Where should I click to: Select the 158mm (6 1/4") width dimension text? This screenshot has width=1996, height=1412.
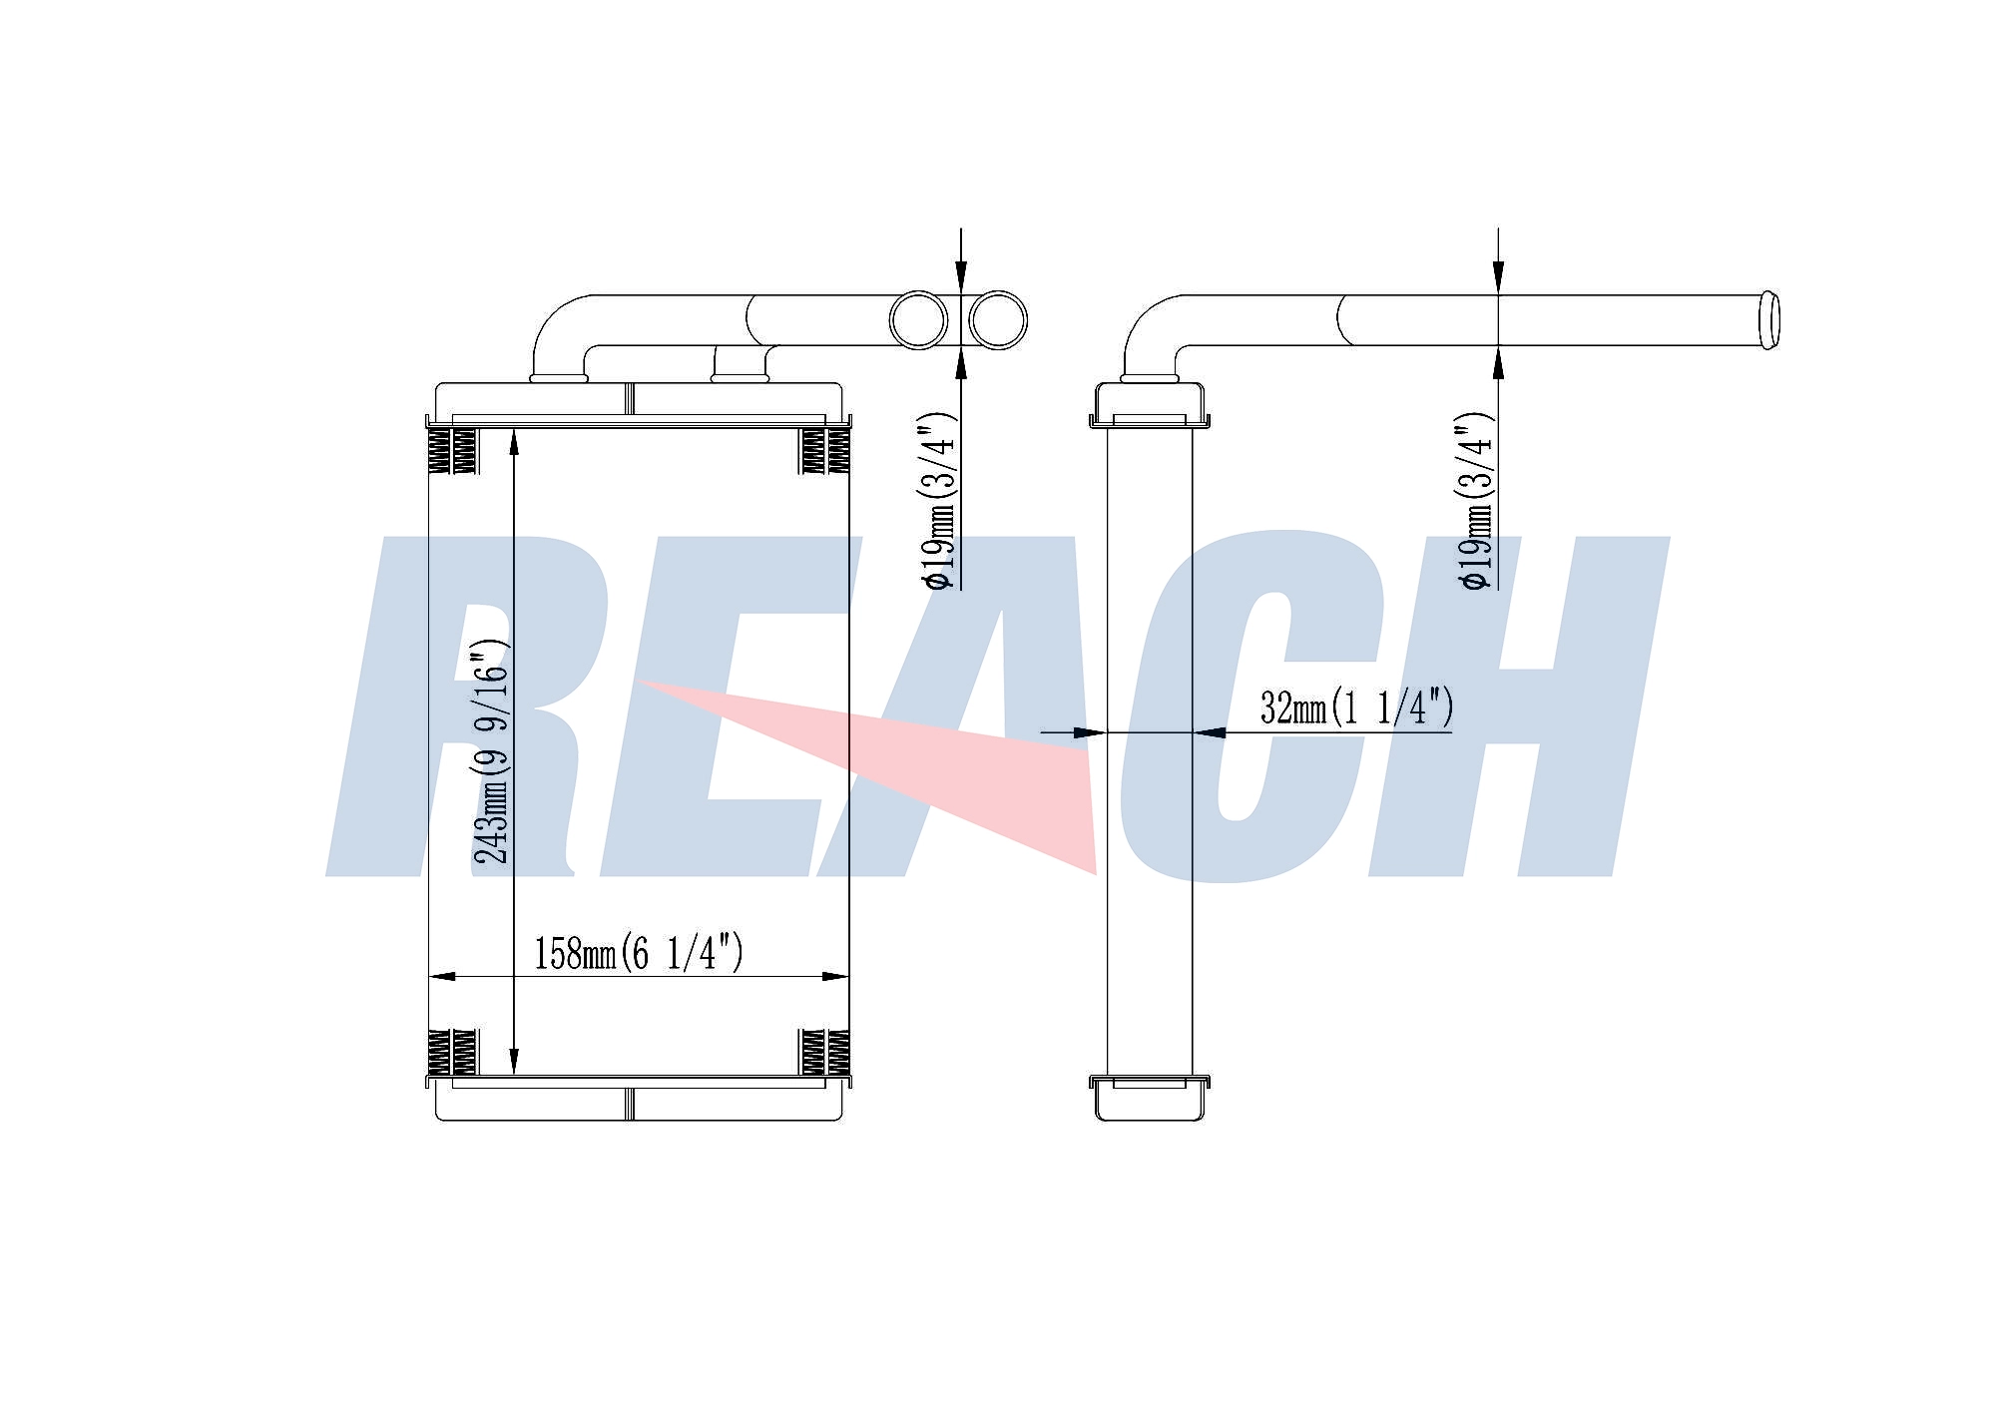pos(639,953)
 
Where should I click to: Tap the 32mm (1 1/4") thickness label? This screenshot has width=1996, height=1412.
pos(1356,707)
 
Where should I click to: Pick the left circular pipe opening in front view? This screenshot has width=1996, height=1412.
pos(919,319)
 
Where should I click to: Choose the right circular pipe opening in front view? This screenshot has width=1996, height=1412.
pos(997,319)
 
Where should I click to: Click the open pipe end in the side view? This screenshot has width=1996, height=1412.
pos(1767,319)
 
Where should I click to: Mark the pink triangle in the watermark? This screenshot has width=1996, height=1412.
pos(868,768)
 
